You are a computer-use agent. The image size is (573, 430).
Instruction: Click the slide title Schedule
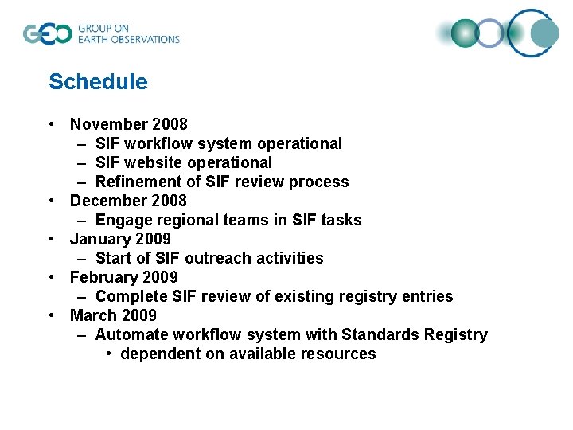[98, 82]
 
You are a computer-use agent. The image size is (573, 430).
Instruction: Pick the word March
[92, 315]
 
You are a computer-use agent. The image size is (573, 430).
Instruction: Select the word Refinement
[137, 182]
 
